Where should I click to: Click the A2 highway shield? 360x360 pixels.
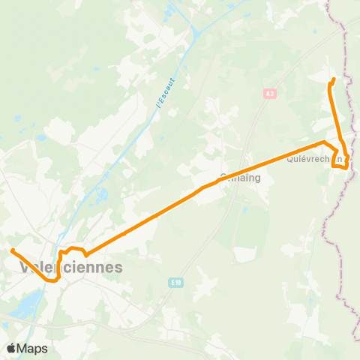pos(270,94)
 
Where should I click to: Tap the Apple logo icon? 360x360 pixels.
pos(12,348)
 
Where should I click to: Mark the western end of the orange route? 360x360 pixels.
pos(13,250)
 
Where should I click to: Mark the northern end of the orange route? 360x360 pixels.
pos(333,79)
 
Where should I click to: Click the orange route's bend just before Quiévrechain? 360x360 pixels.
pos(323,142)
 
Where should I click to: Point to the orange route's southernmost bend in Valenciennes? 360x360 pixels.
pos(52,281)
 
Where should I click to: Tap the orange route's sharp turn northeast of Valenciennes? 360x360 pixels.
pos(86,254)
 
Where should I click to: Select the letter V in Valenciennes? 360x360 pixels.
pos(24,267)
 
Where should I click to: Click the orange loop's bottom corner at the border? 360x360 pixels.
pos(345,169)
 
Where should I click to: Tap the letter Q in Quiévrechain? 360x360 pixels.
pos(289,158)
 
